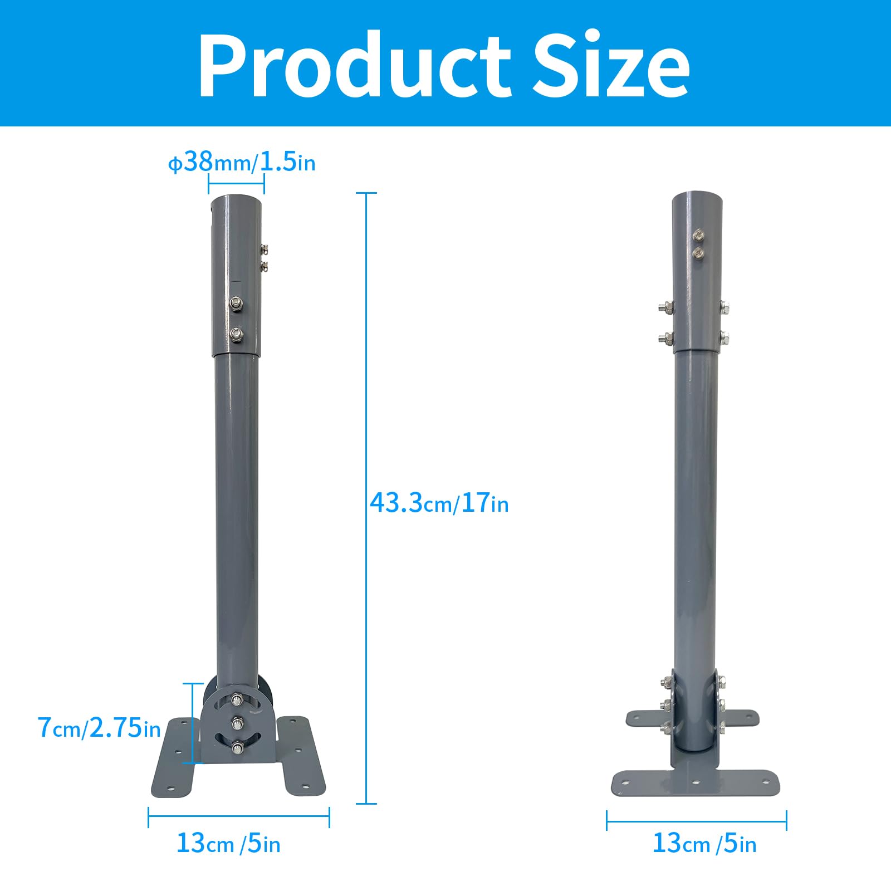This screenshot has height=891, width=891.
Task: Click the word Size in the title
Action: click(x=611, y=66)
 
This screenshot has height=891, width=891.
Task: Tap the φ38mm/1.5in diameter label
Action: click(x=242, y=162)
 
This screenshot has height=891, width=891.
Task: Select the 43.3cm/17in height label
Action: click(x=439, y=503)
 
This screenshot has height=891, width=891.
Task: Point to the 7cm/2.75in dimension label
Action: click(x=99, y=728)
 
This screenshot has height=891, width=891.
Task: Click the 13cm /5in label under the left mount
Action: click(x=228, y=843)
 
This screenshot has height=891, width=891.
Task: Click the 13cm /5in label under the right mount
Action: click(x=704, y=843)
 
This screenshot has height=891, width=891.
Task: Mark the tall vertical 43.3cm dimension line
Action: click(x=366, y=498)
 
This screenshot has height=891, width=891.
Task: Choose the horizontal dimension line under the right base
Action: click(x=697, y=820)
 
